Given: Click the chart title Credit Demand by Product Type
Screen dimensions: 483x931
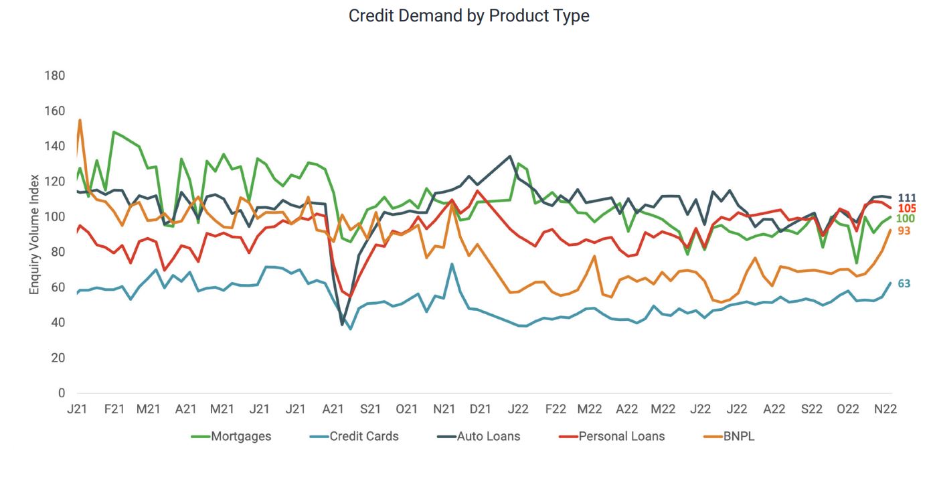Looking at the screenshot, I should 469,15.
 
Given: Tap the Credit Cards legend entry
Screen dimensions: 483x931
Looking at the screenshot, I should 364,437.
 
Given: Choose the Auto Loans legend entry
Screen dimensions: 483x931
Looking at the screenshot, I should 488,437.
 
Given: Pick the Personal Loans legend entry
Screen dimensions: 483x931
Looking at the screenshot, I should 621,437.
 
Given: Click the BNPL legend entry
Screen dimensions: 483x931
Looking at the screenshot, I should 739,437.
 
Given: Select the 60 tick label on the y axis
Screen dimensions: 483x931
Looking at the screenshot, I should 58,287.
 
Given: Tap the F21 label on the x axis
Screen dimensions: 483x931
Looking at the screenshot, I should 114,409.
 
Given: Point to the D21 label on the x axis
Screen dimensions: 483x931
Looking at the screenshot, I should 479,409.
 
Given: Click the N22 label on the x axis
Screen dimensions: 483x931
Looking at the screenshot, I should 885,409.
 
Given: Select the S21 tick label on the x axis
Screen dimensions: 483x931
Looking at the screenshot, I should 370,409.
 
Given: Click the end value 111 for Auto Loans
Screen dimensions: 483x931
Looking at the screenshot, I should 907,198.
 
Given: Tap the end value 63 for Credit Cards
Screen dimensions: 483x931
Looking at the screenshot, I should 904,284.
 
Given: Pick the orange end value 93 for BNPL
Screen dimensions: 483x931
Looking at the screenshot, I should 904,230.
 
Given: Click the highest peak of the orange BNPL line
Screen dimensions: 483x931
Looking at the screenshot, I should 80,120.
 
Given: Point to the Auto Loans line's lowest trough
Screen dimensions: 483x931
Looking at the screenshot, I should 343,324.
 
